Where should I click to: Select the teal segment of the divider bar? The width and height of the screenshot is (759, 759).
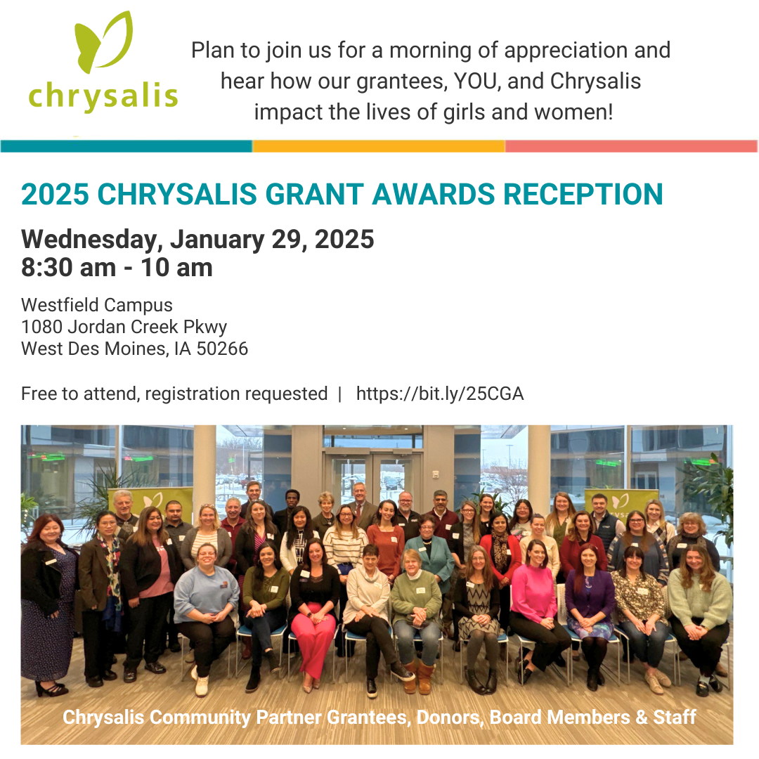(x=126, y=146)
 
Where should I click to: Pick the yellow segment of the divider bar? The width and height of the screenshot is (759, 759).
(x=378, y=146)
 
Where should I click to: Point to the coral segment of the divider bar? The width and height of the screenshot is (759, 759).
(x=630, y=146)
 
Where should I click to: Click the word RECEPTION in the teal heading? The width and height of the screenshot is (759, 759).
(x=583, y=195)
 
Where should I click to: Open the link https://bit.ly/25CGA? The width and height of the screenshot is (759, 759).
(x=440, y=394)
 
